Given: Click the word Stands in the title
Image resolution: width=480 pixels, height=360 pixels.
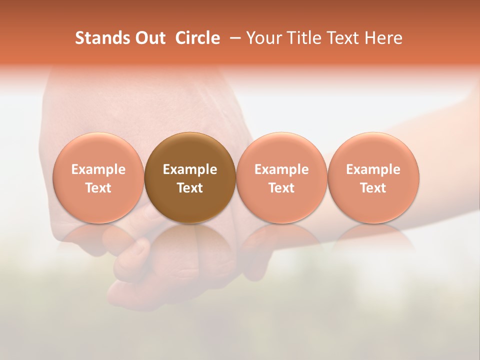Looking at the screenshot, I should coord(97,38).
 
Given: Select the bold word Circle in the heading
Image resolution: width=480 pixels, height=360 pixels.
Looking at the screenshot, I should coord(197,38).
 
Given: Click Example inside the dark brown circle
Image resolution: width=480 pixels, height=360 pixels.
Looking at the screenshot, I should coord(190,169).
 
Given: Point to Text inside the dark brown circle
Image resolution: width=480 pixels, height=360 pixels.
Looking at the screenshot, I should coord(190,188).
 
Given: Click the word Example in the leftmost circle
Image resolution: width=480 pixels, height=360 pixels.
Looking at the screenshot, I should coord(98,169).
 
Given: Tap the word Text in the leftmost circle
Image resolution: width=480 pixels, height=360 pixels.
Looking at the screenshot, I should coord(98,188).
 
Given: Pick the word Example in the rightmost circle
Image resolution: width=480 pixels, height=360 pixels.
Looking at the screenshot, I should coord(373,169).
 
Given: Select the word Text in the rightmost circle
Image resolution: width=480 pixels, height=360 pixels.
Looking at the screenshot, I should coord(373,188).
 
